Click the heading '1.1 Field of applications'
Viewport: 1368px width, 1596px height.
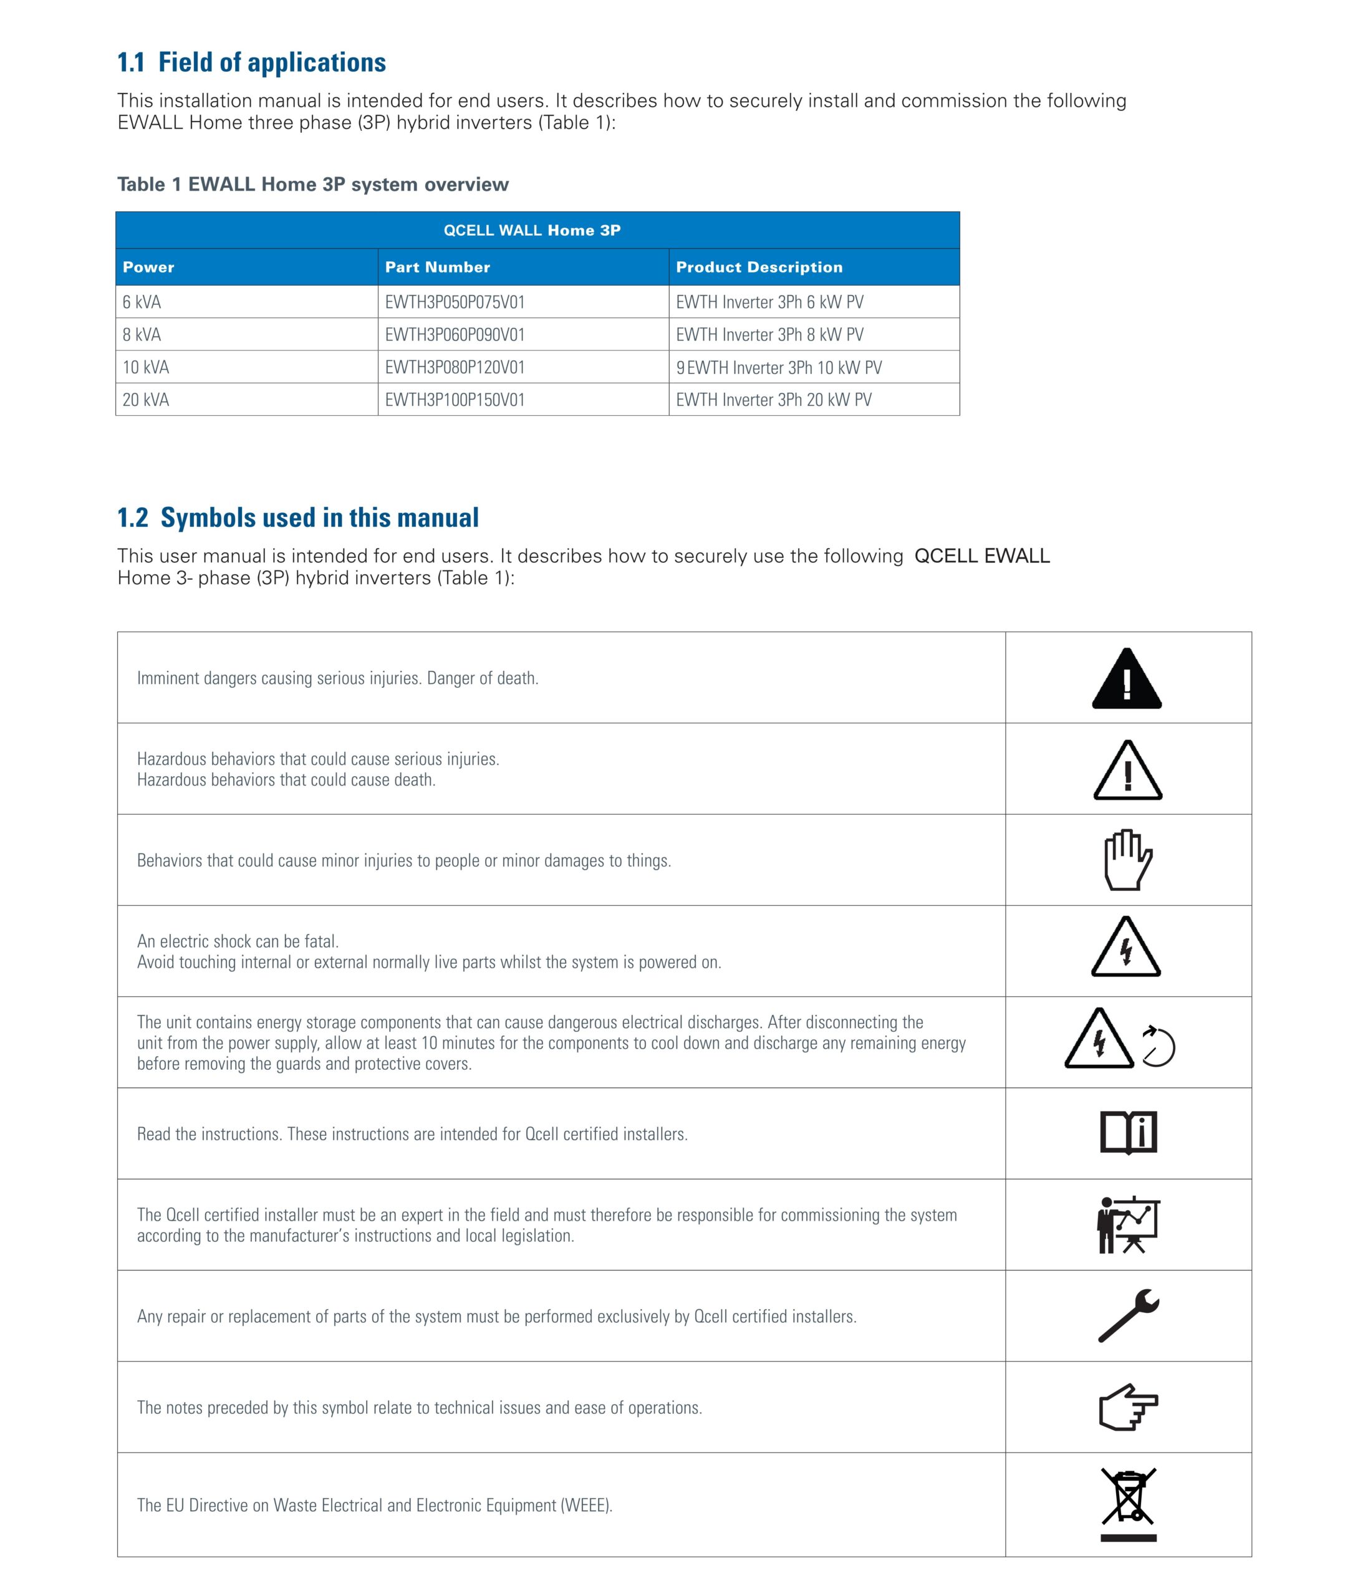coord(251,62)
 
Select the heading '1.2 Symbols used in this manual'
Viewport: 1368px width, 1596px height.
coord(297,517)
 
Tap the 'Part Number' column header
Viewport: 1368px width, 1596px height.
coord(438,267)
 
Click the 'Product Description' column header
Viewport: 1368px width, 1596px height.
coord(759,267)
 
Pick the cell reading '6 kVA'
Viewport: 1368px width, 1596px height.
coord(142,302)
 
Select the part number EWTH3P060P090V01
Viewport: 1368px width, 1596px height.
coord(455,335)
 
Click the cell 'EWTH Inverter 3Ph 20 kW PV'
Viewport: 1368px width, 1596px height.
coord(773,400)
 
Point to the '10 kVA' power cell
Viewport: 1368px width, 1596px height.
coord(145,367)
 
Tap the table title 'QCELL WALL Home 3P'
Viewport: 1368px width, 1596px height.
coord(531,230)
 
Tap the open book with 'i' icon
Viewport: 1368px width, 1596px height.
coord(1129,1133)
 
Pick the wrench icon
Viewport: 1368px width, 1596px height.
coord(1129,1315)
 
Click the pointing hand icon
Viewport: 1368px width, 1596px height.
coord(1129,1407)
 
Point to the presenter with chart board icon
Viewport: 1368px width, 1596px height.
coord(1128,1224)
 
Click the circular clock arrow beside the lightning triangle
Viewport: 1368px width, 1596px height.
coord(1158,1047)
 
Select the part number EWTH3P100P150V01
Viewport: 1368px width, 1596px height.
coord(455,400)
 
